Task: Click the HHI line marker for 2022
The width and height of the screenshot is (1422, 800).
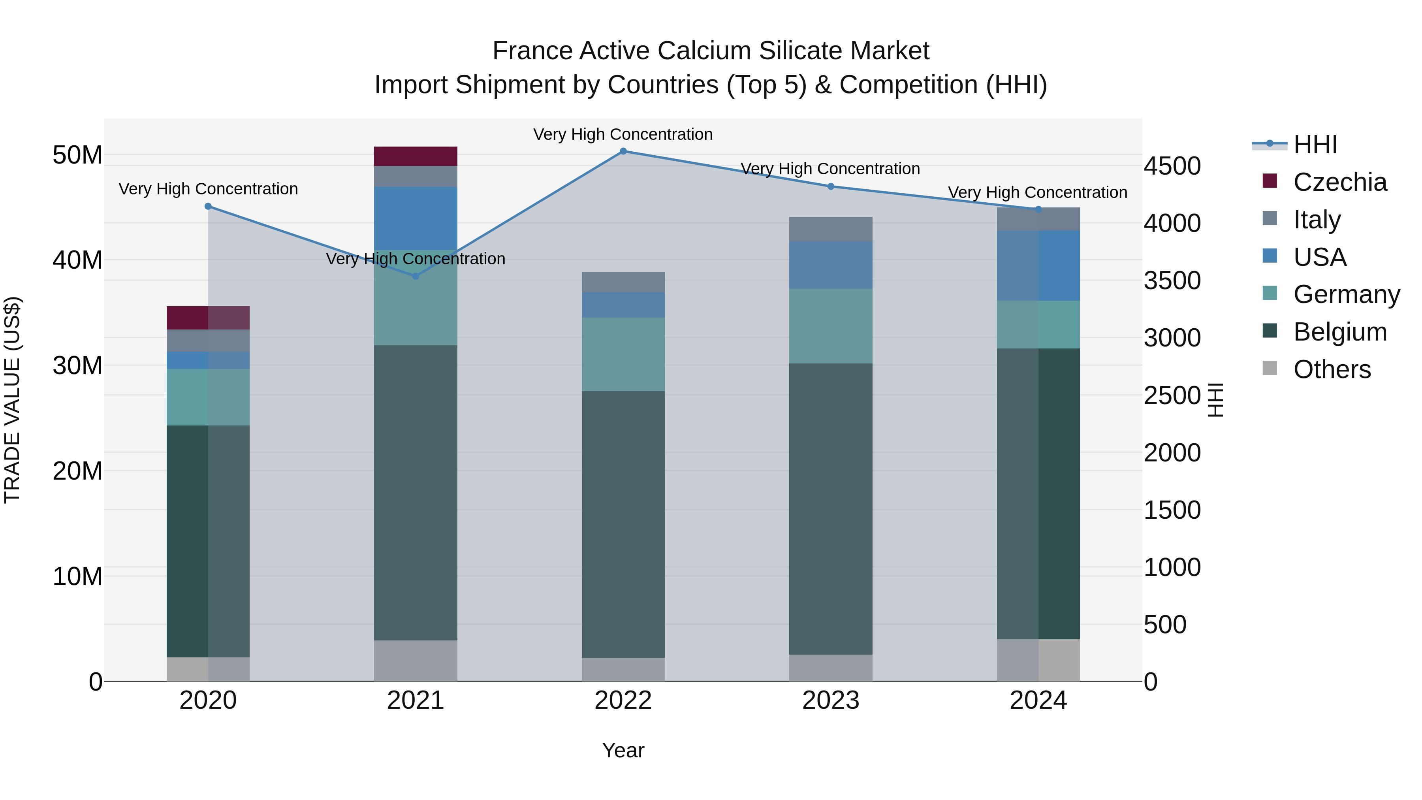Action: tap(623, 151)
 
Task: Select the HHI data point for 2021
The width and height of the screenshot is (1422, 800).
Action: tap(416, 276)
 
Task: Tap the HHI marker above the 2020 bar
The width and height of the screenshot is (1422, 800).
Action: tap(208, 207)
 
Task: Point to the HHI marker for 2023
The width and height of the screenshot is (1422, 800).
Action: tap(831, 186)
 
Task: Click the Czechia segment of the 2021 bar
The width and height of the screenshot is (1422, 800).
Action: tap(416, 156)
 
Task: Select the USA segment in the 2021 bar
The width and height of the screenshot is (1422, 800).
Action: tap(416, 218)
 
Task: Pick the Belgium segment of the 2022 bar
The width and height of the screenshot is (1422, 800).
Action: tap(623, 525)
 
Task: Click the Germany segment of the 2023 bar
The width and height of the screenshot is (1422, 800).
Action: tap(831, 326)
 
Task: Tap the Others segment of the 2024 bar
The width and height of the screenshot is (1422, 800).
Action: tap(1038, 660)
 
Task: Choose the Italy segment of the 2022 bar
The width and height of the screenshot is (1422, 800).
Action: tap(623, 282)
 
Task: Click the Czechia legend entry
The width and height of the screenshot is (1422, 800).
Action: tap(1340, 182)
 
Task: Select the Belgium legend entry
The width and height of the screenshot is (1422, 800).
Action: tap(1340, 332)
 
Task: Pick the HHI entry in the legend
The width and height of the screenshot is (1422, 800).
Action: tap(1315, 145)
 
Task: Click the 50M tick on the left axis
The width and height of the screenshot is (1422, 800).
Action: tap(77, 155)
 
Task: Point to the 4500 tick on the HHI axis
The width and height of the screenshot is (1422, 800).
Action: tap(1172, 166)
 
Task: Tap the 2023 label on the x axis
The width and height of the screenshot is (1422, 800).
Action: tap(831, 700)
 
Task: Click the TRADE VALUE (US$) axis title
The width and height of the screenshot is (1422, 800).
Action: tap(13, 400)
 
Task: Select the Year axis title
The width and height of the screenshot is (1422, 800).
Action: tap(623, 750)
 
